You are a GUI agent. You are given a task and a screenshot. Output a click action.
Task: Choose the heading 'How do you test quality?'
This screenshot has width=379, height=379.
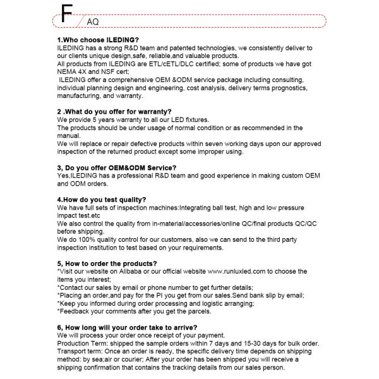(x=102, y=200)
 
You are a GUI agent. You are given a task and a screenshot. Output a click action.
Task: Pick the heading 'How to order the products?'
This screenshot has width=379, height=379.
(x=107, y=263)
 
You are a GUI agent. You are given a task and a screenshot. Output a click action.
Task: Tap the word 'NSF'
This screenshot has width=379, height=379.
(x=112, y=72)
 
